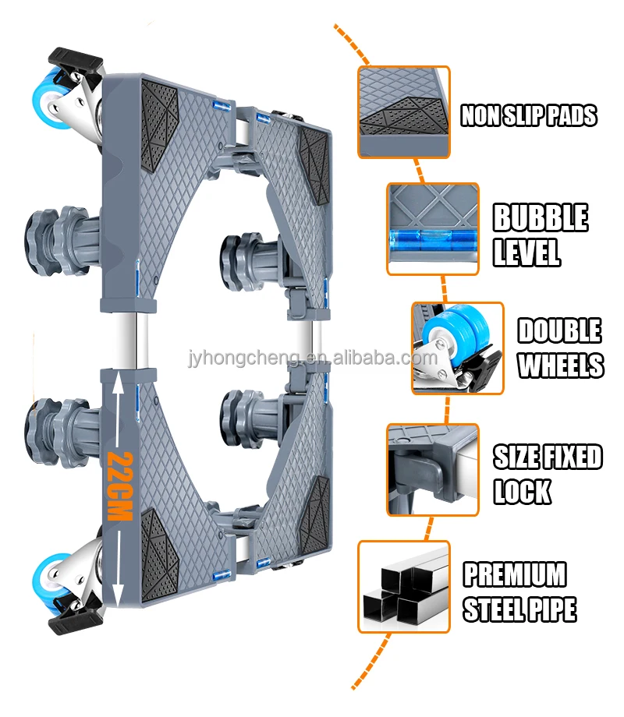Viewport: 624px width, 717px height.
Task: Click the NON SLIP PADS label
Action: coord(528,115)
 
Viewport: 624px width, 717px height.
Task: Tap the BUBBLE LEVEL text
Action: coord(540,235)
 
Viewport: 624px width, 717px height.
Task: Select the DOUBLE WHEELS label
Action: coord(560,348)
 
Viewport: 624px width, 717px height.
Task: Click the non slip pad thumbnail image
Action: coord(404,112)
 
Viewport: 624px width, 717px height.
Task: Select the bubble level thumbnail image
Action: coord(433,229)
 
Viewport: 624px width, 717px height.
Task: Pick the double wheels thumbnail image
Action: coord(457,348)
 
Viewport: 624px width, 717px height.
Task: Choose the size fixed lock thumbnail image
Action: coord(433,469)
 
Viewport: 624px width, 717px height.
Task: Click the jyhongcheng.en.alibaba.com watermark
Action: coord(313,359)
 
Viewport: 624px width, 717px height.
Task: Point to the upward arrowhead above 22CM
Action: coord(115,382)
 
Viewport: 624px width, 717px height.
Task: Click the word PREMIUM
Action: coord(515,575)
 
